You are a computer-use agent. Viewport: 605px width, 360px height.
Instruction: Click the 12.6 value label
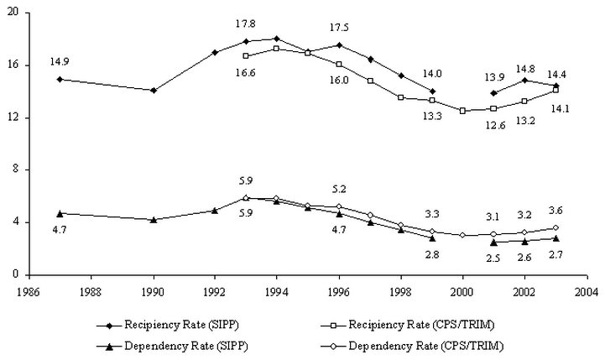click(x=493, y=127)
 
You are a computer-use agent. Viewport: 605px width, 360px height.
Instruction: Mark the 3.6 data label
click(x=555, y=210)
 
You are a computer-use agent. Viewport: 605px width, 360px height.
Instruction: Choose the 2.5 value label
click(x=493, y=258)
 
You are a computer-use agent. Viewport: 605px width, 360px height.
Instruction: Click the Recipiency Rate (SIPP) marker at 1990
click(x=153, y=90)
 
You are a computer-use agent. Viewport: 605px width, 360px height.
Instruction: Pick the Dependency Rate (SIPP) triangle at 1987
click(x=60, y=213)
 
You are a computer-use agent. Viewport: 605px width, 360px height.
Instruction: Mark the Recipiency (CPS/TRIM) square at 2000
click(x=462, y=111)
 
